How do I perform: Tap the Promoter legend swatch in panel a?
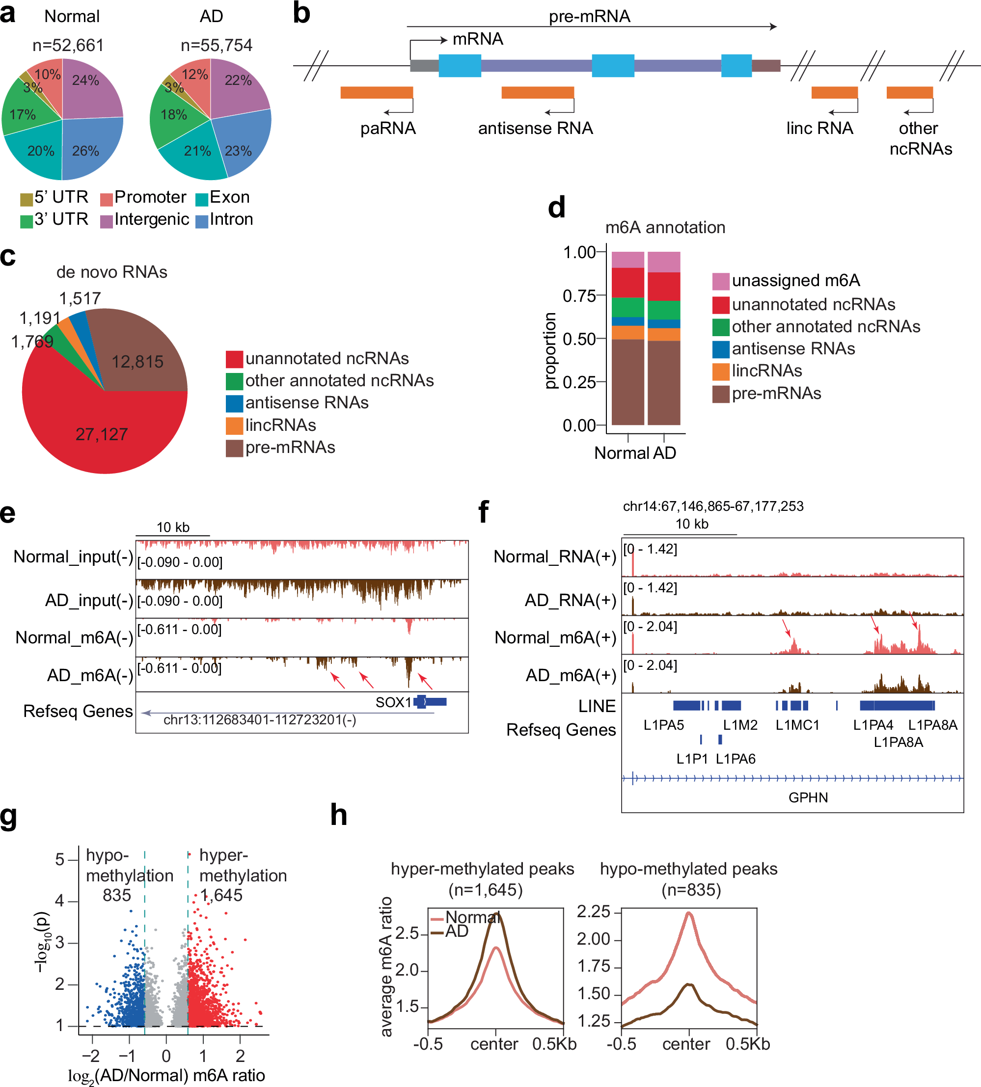[x=106, y=199]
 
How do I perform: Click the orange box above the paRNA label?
[x=376, y=92]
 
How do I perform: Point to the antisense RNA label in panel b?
[x=535, y=128]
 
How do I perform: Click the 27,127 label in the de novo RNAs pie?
[x=101, y=434]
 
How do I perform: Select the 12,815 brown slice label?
[x=137, y=362]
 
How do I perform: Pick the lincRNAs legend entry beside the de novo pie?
[x=280, y=425]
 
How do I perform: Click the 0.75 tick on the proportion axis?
[x=579, y=296]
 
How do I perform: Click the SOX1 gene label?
[x=393, y=702]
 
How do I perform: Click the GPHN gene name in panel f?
[x=808, y=797]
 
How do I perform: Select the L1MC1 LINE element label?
[x=797, y=725]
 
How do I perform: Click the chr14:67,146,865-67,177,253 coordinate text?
[x=712, y=506]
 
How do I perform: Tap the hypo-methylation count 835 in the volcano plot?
[x=116, y=895]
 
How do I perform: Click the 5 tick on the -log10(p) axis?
[x=60, y=859]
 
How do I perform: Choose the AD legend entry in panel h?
[x=456, y=931]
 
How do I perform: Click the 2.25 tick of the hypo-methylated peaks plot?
[x=593, y=911]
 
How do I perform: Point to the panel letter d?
[x=556, y=208]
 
